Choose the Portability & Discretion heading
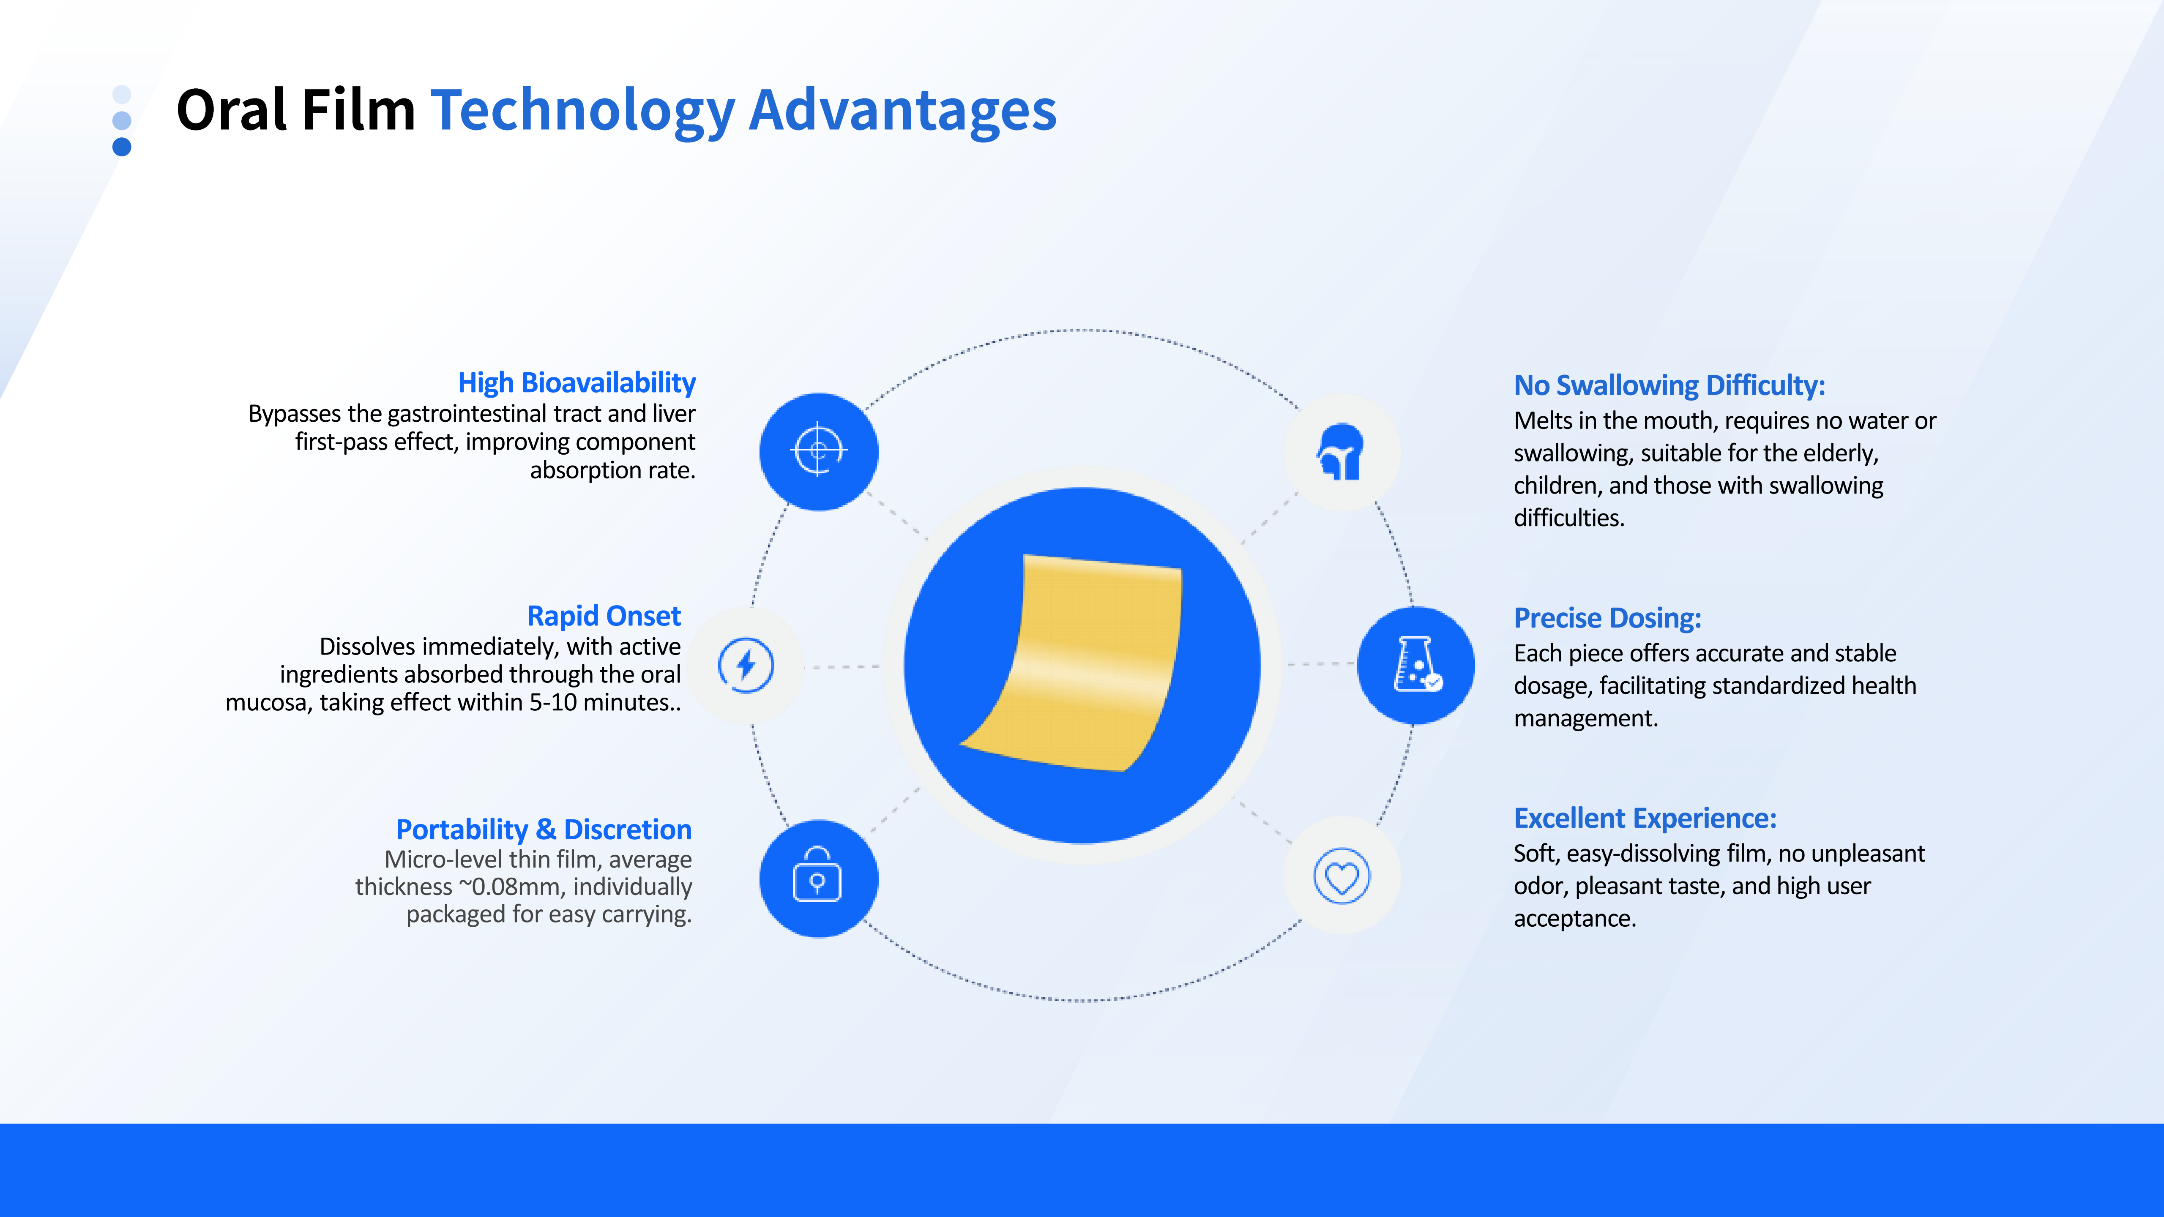coord(544,830)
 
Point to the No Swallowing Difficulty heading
coord(1669,385)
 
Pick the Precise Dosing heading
coord(1607,618)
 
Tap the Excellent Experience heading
coord(1645,818)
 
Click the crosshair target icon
coord(818,450)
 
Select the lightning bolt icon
coord(745,665)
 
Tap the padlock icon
coord(817,875)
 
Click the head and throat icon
coord(1341,452)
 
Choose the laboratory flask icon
coord(1417,664)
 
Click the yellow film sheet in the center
coord(1084,663)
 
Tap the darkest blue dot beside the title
coord(122,147)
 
